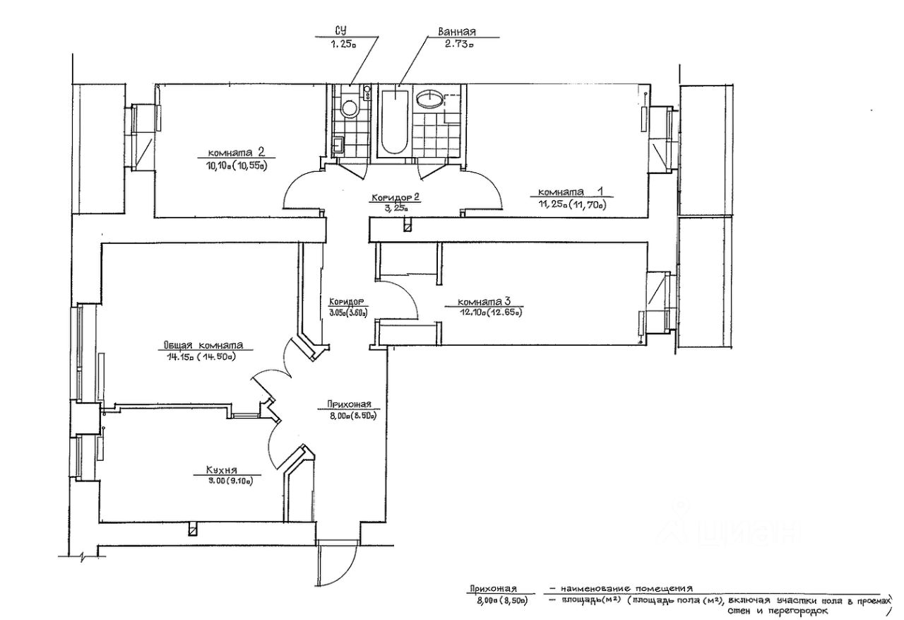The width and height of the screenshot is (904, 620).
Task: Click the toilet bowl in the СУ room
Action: coord(348,108)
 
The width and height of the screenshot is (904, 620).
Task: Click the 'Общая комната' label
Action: coord(203,346)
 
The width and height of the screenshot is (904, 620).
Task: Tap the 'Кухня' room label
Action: coord(221,469)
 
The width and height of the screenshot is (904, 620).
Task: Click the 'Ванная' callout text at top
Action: coord(457,32)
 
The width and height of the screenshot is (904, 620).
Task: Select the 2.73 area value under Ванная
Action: coord(458,44)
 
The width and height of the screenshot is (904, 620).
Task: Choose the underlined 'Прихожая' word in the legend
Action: coord(492,588)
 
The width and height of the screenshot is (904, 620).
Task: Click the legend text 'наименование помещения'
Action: coord(626,588)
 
